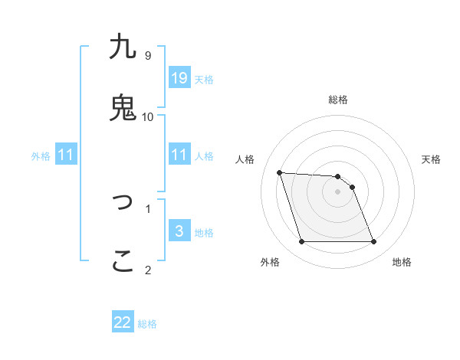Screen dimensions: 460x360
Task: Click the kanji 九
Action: coord(123,47)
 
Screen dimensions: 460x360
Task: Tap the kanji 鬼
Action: coord(123,108)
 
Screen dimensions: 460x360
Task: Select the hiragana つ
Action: coord(123,202)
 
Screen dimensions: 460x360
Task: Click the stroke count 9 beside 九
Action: coord(148,56)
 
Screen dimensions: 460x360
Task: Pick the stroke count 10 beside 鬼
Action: coord(148,116)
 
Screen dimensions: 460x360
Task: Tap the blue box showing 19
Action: coord(179,77)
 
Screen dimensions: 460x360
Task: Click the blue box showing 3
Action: coord(179,231)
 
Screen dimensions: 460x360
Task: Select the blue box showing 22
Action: coord(123,322)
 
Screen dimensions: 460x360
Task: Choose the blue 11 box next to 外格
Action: coord(66,155)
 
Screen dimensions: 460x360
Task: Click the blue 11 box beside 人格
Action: coord(179,155)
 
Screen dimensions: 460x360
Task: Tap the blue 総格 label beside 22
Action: coord(147,324)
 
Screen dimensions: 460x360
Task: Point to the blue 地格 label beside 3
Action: coord(204,233)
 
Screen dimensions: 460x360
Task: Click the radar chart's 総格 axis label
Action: coord(338,100)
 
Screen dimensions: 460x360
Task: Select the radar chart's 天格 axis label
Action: coord(432,159)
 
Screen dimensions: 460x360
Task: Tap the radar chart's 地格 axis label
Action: coord(402,262)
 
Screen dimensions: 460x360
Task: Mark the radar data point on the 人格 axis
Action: coord(280,172)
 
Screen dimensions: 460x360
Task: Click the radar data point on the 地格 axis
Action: coord(373,242)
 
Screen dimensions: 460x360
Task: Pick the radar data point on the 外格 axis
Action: coord(301,242)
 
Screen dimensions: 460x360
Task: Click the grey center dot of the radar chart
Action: coord(338,191)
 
